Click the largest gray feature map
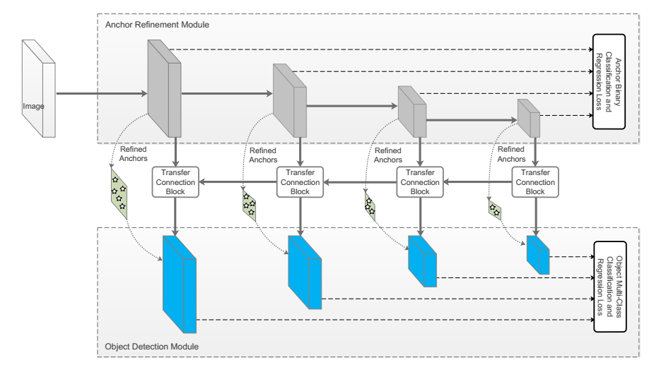point(163,88)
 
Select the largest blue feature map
point(179,284)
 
